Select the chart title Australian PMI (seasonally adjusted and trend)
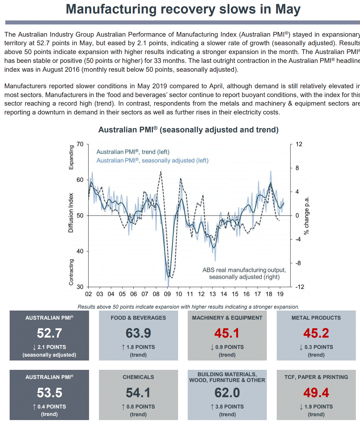pos(188,130)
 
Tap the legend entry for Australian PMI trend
pos(133,152)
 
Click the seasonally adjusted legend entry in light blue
pos(152,161)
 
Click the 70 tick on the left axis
pos(80,144)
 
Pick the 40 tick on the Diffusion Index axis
pos(80,251)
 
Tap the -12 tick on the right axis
pos(300,287)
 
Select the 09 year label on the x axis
pos(167,294)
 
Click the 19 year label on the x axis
pos(280,294)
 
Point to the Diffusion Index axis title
pos(71,213)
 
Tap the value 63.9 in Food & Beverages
pos(138,333)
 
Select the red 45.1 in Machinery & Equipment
pos(227,333)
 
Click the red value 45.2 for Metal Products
pos(316,333)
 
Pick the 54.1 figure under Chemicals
pos(138,393)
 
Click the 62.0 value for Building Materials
pos(227,393)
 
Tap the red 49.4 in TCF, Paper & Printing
pos(316,393)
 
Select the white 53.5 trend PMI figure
pos(50,393)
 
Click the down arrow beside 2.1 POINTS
pos(34,347)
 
